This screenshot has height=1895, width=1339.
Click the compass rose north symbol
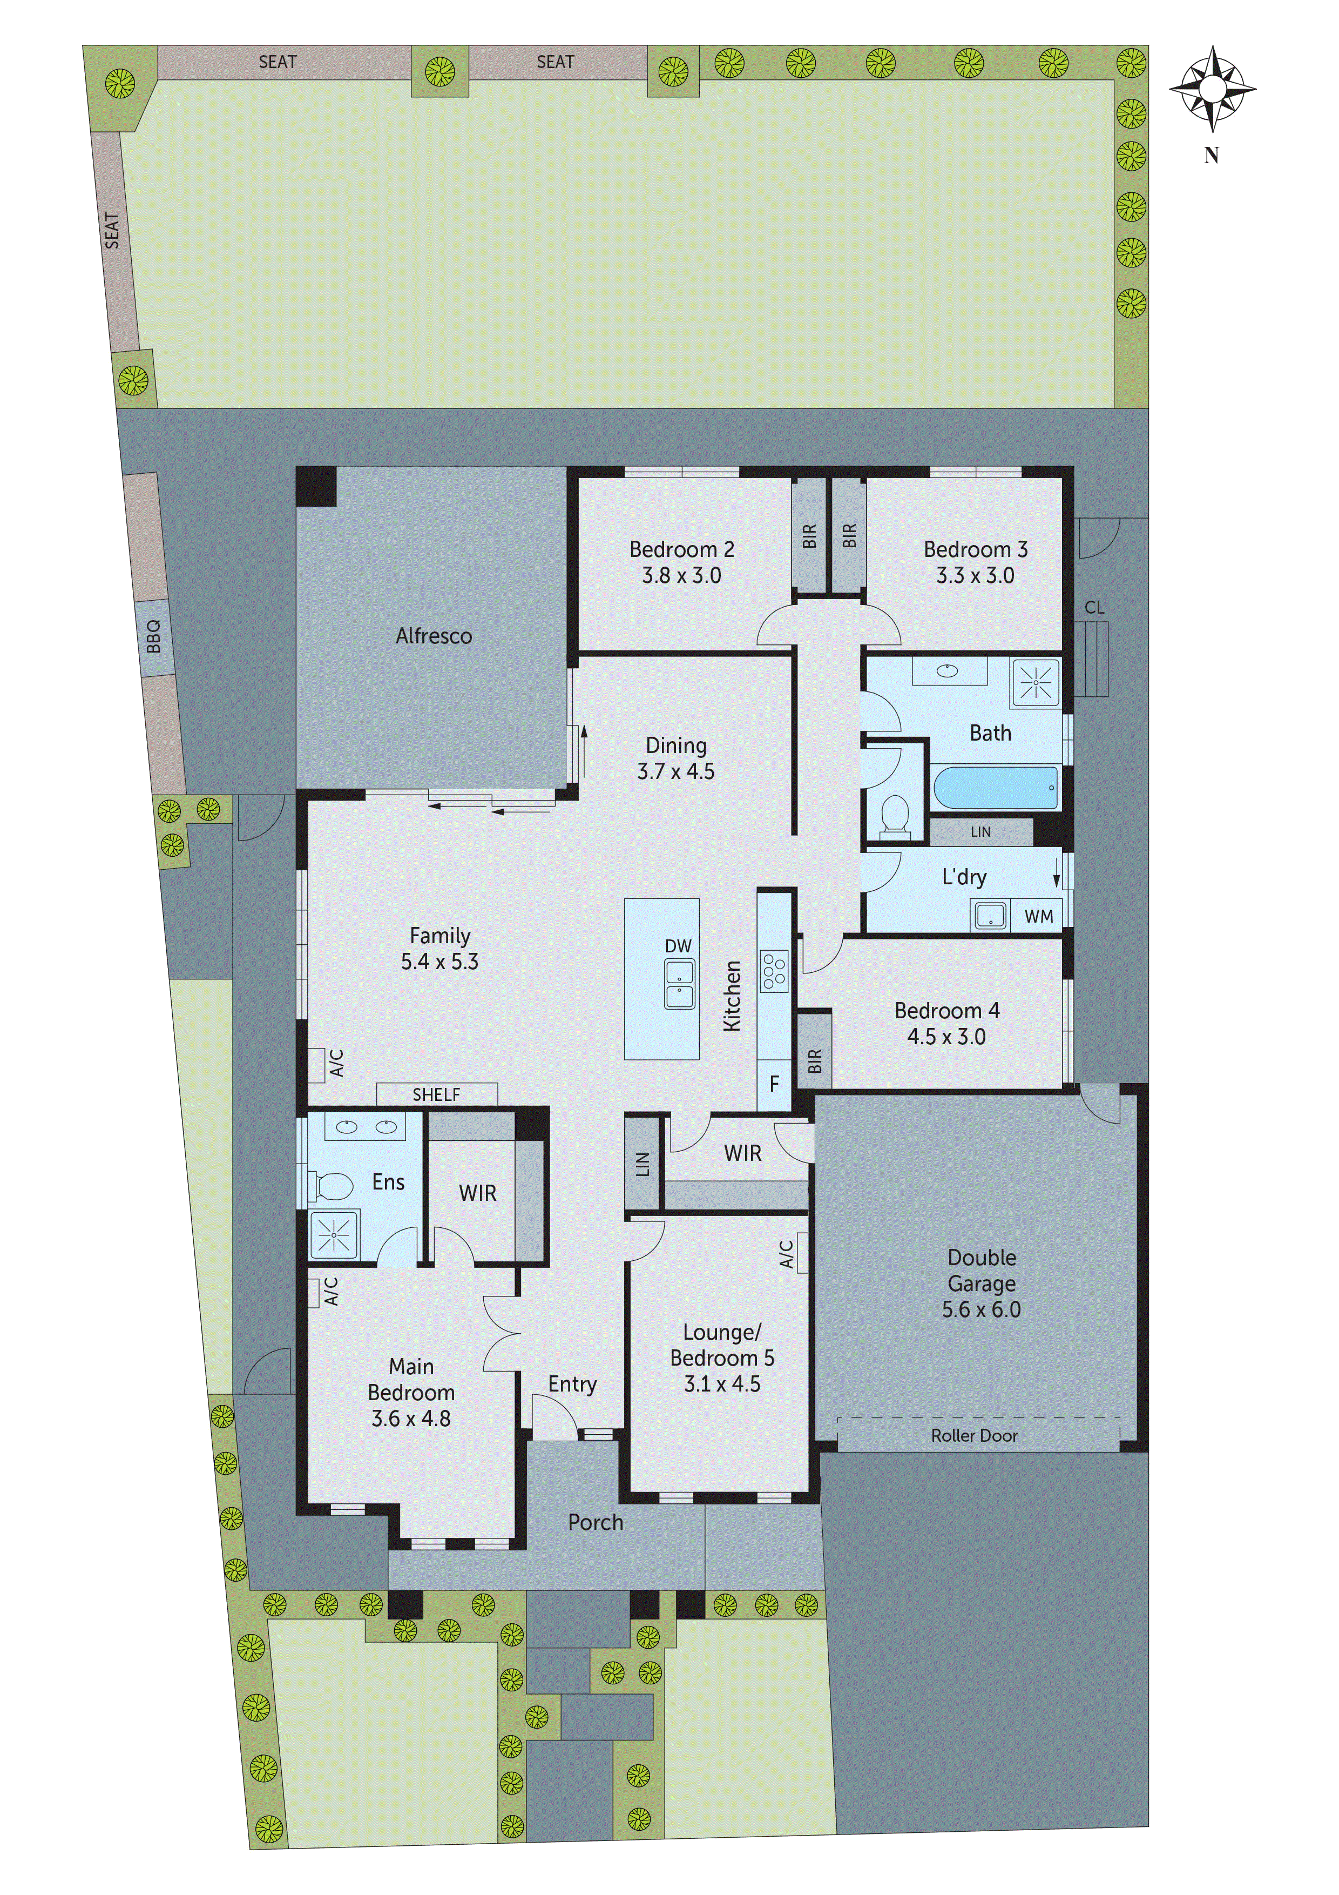point(1212,89)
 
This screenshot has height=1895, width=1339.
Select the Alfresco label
point(434,635)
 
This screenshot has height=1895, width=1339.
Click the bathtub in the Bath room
point(995,788)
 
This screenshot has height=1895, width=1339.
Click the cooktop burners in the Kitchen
point(774,971)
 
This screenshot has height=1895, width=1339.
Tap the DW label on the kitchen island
point(678,946)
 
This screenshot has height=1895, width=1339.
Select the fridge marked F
point(774,1084)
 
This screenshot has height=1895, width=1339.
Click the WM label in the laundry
point(1039,916)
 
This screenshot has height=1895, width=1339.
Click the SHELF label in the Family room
point(436,1094)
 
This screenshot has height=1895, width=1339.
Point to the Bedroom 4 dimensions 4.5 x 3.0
point(946,1037)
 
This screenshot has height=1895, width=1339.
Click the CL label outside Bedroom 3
point(1094,608)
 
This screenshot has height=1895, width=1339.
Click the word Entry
point(572,1384)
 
